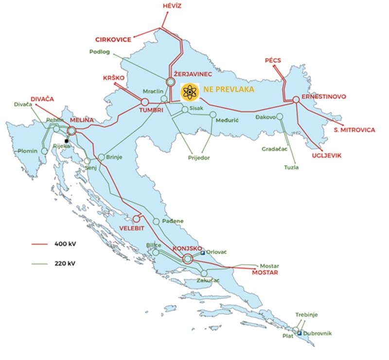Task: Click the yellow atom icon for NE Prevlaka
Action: tap(189, 91)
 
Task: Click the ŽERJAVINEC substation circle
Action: tap(171, 82)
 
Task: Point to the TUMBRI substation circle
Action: tap(144, 102)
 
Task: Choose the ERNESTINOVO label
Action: tap(324, 97)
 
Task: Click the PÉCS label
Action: tap(273, 60)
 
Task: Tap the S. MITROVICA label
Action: tap(354, 130)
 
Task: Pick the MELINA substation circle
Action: tap(72, 131)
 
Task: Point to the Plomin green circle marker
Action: tap(44, 151)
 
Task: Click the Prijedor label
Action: tap(198, 158)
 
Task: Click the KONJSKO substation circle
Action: tap(188, 259)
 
